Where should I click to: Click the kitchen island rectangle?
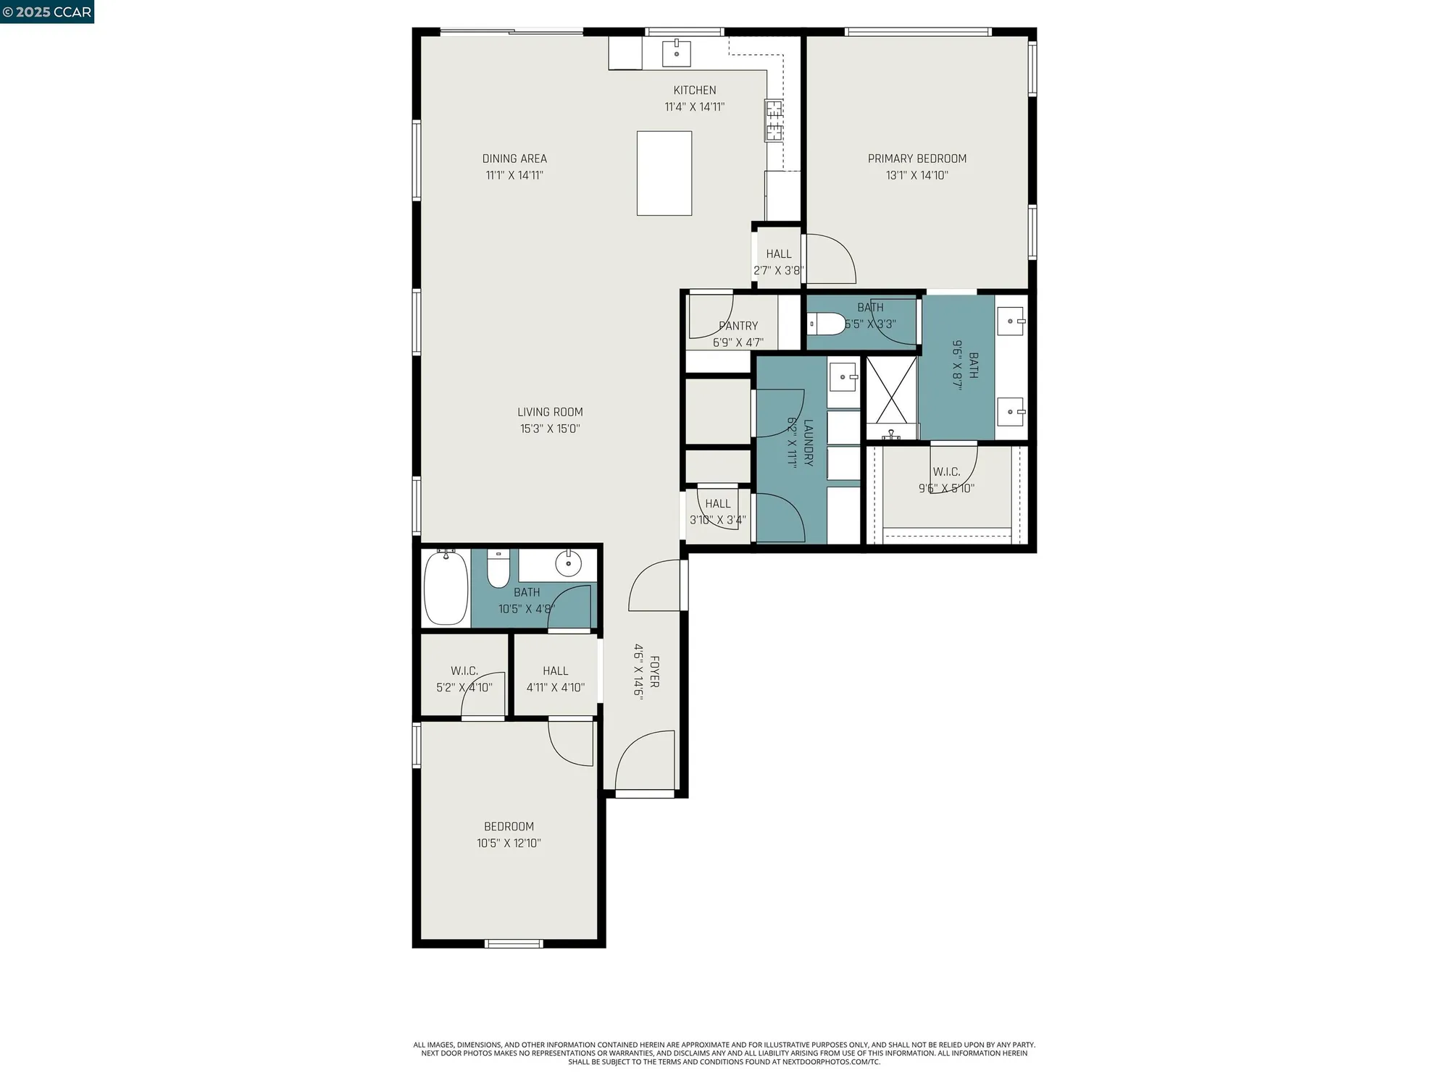click(664, 173)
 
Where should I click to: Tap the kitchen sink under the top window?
click(676, 53)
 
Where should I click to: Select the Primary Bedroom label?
click(916, 159)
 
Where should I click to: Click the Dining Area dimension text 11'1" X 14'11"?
click(514, 175)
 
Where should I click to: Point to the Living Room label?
click(550, 412)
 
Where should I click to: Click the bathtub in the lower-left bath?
click(446, 587)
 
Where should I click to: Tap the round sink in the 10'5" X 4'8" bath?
click(568, 563)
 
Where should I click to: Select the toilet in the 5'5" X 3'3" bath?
click(827, 324)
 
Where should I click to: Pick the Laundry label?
click(809, 442)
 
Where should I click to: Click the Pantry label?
click(738, 326)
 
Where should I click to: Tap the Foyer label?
click(654, 672)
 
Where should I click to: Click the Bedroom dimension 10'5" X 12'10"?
click(509, 843)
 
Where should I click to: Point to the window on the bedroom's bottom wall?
click(514, 943)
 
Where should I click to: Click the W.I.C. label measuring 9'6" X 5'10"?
click(946, 472)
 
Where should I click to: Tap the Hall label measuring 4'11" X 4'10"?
click(556, 671)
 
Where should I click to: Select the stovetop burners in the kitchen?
click(774, 120)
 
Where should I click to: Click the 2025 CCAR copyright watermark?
click(47, 12)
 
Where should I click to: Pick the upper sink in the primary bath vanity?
click(1011, 321)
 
